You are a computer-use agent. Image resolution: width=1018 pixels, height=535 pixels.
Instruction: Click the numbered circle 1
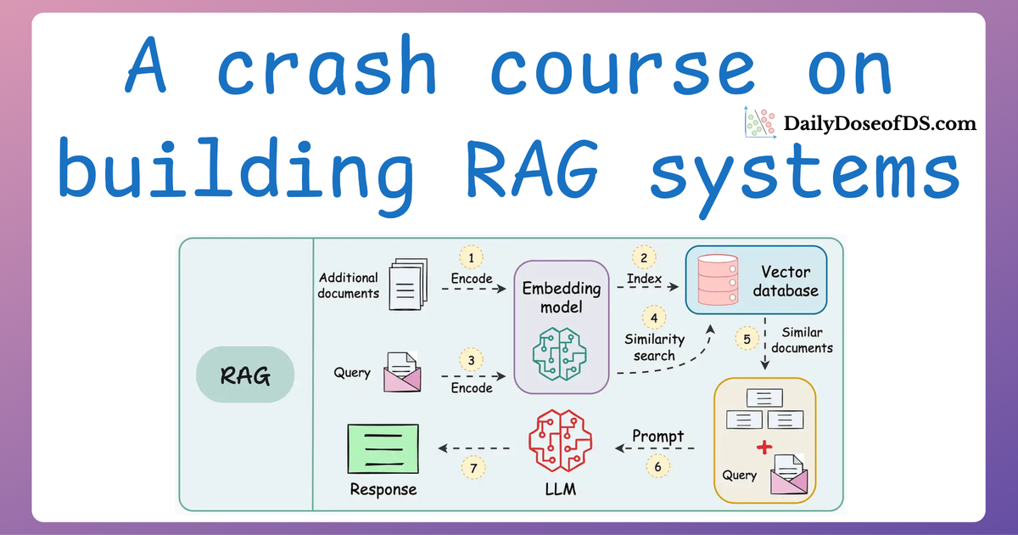pos(472,258)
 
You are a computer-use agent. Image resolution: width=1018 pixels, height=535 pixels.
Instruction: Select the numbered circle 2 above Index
pos(644,258)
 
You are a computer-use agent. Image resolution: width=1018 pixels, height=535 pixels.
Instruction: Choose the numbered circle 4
pos(653,318)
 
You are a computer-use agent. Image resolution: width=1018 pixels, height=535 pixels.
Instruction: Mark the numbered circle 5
pos(747,340)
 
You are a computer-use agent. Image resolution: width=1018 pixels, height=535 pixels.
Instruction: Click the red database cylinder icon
pos(713,280)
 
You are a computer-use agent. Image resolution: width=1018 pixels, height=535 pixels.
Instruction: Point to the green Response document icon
pos(383,449)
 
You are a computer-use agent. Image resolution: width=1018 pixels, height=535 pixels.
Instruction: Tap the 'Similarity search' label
pos(653,347)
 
